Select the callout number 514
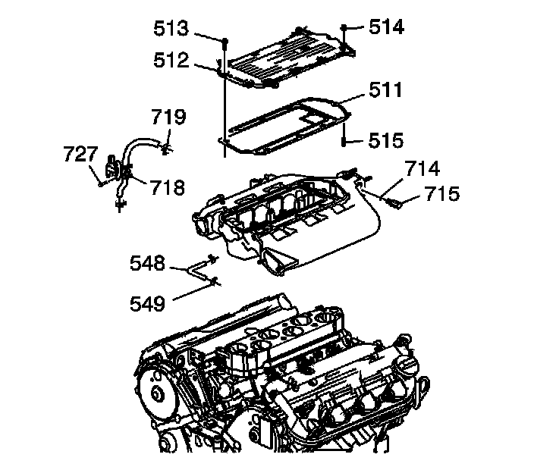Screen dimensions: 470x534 coord(387,27)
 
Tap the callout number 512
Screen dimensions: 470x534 coord(172,61)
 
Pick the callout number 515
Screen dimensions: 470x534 coord(387,140)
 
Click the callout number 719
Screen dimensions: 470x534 coord(168,117)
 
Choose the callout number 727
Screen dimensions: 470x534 coord(78,155)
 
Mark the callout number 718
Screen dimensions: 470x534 coord(168,186)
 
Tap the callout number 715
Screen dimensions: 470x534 coord(443,194)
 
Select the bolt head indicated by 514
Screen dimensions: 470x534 coord(344,27)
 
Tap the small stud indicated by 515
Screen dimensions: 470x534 coord(344,141)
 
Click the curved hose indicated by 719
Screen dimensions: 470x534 coord(140,144)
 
